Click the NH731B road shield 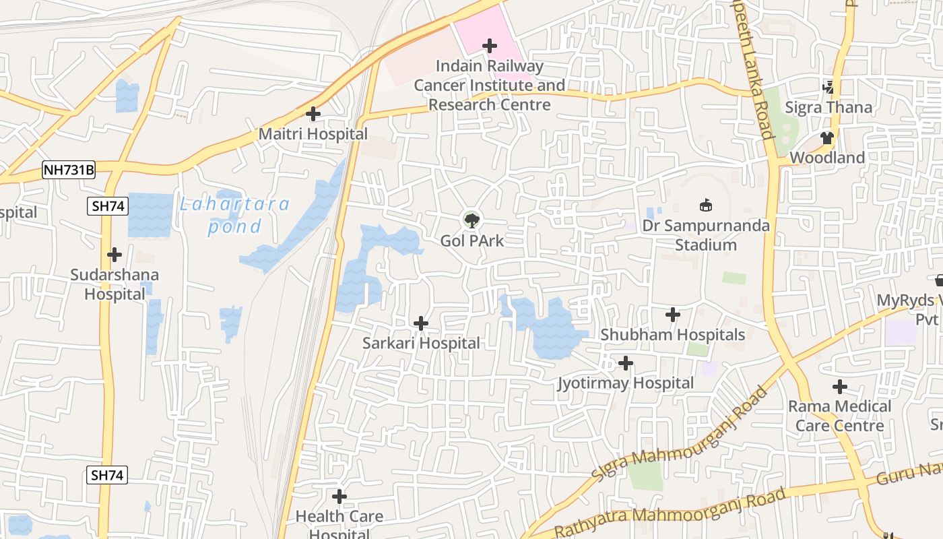tap(69, 170)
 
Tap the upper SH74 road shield tap(107, 206)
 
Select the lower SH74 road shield tap(107, 475)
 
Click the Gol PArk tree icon tap(471, 220)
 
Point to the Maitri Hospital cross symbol tap(313, 114)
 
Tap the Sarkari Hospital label tap(421, 343)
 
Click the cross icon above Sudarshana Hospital tap(115, 255)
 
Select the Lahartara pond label tap(234, 215)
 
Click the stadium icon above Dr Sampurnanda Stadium tap(706, 204)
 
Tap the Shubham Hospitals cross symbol tap(672, 315)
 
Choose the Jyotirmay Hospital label tap(625, 383)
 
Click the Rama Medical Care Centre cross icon tap(839, 387)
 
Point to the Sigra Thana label tap(828, 107)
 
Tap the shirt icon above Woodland tap(827, 138)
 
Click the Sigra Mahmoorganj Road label tap(680, 434)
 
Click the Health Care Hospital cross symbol tap(339, 497)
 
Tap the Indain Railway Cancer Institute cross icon tap(490, 46)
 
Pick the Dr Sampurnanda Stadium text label tap(705, 234)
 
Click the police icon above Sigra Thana tap(828, 87)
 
